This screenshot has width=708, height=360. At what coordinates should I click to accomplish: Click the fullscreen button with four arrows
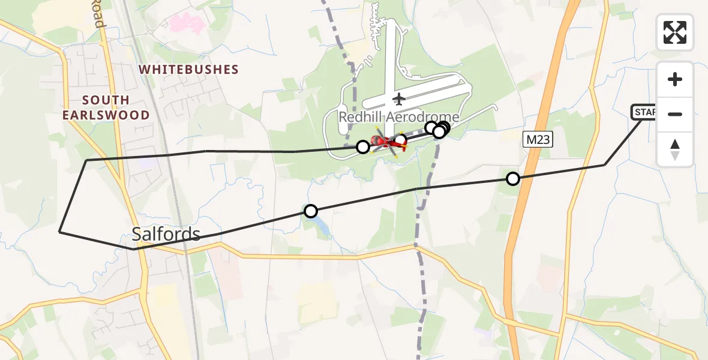pyautogui.click(x=675, y=32)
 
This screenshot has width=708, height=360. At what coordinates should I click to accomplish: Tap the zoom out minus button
pyautogui.click(x=675, y=114)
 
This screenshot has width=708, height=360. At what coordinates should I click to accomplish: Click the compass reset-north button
pyautogui.click(x=675, y=149)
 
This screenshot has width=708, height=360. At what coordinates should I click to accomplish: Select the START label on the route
pyautogui.click(x=644, y=112)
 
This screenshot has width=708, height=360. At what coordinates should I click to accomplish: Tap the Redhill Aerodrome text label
pyautogui.click(x=399, y=117)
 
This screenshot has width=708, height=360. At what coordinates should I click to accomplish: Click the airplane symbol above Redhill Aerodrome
pyautogui.click(x=399, y=98)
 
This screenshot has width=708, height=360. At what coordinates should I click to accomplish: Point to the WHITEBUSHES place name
pyautogui.click(x=189, y=70)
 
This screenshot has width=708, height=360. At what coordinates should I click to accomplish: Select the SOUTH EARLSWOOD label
pyautogui.click(x=106, y=107)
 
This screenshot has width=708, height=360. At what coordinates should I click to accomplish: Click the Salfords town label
pyautogui.click(x=166, y=234)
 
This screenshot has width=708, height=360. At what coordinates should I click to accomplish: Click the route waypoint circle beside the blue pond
pyautogui.click(x=311, y=211)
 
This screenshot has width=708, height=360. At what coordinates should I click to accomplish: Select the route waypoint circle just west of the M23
pyautogui.click(x=513, y=178)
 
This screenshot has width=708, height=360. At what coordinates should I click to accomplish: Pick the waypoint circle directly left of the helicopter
pyautogui.click(x=363, y=146)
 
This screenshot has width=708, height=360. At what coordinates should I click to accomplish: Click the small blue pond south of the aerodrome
pyautogui.click(x=319, y=225)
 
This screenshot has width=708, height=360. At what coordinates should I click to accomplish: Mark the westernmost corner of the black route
pyautogui.click(x=59, y=231)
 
